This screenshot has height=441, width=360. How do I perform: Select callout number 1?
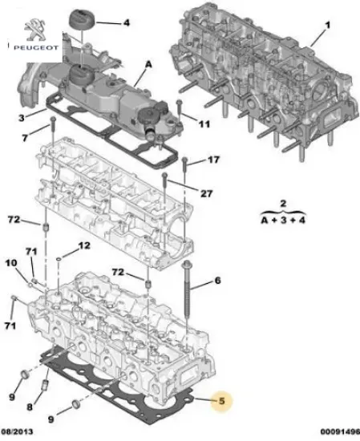click(x=326, y=34)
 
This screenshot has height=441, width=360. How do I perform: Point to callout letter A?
click(x=148, y=63)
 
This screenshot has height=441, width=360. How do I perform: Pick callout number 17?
click(x=213, y=160)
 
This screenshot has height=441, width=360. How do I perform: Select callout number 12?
click(x=84, y=245)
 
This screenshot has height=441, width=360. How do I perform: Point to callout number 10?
click(x=12, y=264)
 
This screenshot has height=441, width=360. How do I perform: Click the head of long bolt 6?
click(x=186, y=264)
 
